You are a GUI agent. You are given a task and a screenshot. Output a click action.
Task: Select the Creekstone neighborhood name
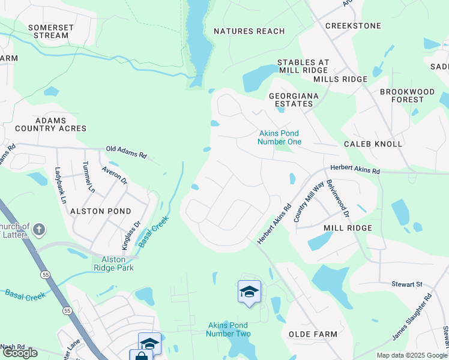tap(353, 26)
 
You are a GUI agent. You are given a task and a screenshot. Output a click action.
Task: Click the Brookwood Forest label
tap(407, 95)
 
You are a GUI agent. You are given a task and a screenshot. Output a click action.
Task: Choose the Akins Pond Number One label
tap(279, 137)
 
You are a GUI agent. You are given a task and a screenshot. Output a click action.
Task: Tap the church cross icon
tap(39, 229)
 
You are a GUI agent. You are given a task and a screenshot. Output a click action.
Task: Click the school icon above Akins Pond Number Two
tap(249, 292)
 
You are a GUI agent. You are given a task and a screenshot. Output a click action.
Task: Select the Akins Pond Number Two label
tap(229, 329)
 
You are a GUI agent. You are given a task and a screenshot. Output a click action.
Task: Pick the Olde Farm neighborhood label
tap(313, 334)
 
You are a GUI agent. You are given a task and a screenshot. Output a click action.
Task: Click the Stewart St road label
tap(411, 283)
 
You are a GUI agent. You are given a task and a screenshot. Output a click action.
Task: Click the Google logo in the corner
tap(20, 353)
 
